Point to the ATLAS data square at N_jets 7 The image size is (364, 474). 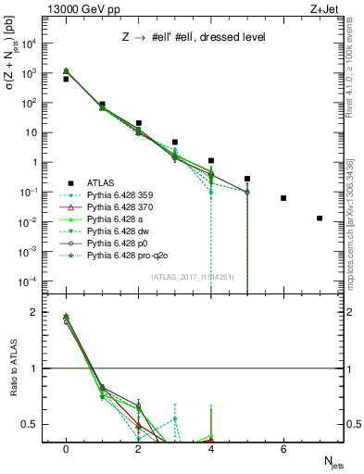[x=320, y=218]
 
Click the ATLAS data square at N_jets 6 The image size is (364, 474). [x=283, y=198]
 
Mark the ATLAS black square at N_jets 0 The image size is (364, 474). [x=66, y=80]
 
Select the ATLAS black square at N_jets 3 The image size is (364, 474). [x=175, y=143]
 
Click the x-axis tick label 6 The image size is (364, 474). [x=283, y=449]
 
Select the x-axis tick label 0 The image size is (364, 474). [x=66, y=449]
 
